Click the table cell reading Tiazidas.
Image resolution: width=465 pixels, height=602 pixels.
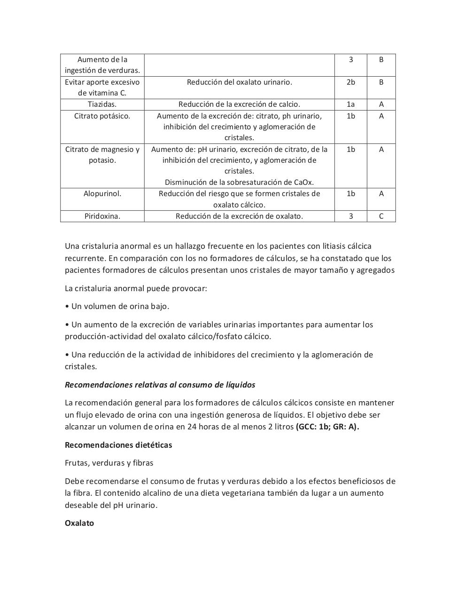(x=102, y=104)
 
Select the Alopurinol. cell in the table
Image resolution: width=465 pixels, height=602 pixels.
(x=102, y=194)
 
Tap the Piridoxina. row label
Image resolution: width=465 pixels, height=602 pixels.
(x=102, y=216)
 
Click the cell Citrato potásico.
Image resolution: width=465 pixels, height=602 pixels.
(x=102, y=116)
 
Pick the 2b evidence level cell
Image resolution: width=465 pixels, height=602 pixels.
(x=350, y=82)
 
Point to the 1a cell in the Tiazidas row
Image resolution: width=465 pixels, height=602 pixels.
(x=350, y=104)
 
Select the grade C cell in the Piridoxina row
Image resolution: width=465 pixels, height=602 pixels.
(x=381, y=216)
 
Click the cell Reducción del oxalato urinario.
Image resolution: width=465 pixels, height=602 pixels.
(x=239, y=82)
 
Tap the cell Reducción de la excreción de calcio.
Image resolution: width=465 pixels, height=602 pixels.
(x=239, y=104)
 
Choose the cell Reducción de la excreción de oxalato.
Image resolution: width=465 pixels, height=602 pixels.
(x=239, y=216)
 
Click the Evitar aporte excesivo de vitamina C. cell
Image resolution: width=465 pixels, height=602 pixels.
(x=102, y=87)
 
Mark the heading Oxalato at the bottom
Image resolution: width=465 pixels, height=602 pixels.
(x=79, y=523)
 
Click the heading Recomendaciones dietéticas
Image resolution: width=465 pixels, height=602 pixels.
(x=118, y=445)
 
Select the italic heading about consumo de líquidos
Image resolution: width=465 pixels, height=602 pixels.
(x=160, y=385)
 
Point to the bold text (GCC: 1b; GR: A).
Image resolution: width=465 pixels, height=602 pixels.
(x=327, y=427)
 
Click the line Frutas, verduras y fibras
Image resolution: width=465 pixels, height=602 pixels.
(x=109, y=463)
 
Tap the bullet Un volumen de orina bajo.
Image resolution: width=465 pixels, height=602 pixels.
(x=117, y=306)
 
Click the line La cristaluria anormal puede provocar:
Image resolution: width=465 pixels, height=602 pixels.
(x=136, y=288)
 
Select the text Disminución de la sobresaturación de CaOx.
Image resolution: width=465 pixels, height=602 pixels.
(x=239, y=182)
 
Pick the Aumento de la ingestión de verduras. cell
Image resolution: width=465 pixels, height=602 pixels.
(x=102, y=65)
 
